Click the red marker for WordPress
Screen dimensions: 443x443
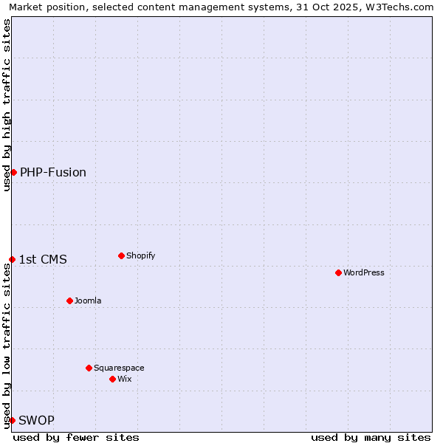[x=338, y=272]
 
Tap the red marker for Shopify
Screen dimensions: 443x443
[x=121, y=255]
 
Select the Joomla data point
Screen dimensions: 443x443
[x=69, y=301]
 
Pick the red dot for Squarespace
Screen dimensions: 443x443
[x=89, y=368]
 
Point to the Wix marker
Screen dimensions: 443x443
[x=112, y=379]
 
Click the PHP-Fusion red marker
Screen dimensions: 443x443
[x=13, y=172]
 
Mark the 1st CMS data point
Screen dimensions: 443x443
[x=12, y=259]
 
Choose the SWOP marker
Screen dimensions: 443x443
[x=12, y=420]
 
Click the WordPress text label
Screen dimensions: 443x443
[x=364, y=272]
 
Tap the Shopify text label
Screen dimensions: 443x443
[x=140, y=255]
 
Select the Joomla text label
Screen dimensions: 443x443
[x=88, y=301]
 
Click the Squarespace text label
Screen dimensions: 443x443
[x=119, y=368]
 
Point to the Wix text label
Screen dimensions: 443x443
[x=124, y=379]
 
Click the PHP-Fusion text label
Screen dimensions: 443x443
[x=53, y=172]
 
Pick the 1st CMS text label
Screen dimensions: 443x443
[x=43, y=259]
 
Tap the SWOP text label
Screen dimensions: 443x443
[x=36, y=420]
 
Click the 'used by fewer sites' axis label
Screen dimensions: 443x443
[x=76, y=437]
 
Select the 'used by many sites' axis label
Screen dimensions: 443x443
[x=371, y=437]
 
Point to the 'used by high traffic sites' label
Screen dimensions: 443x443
[x=7, y=105]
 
